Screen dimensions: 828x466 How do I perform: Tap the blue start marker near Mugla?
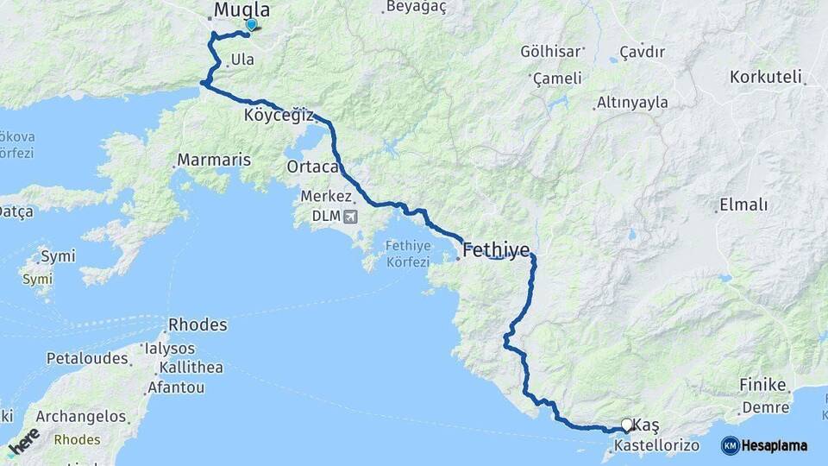click(251, 25)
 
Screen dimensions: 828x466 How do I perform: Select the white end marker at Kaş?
click(626, 425)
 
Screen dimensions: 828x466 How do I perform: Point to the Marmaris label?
click(213, 160)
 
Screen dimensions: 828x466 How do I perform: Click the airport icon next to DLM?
click(348, 216)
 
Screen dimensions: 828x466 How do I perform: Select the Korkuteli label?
click(766, 76)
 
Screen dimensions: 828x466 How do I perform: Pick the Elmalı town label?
click(742, 205)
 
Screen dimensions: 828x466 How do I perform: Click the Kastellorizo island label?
click(656, 447)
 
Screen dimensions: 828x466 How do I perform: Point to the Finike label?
click(762, 385)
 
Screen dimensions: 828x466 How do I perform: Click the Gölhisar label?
click(547, 51)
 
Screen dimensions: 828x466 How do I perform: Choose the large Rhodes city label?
click(198, 325)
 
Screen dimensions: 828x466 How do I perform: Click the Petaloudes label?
click(87, 357)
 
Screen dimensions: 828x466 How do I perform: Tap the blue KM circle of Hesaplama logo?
click(730, 445)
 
